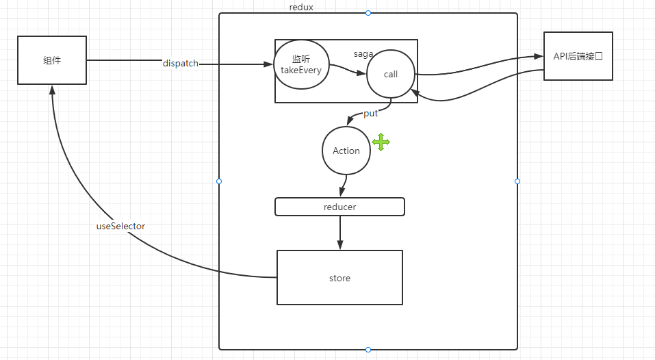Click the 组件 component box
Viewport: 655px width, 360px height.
(x=52, y=60)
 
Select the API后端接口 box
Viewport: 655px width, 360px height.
(x=578, y=56)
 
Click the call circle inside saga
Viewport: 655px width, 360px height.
(x=390, y=74)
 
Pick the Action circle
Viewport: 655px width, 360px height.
(x=346, y=151)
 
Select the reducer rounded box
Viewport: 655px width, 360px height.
(x=339, y=207)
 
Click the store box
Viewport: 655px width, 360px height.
(x=339, y=278)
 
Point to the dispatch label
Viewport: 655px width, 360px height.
(x=181, y=64)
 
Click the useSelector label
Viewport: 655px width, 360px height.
(x=120, y=226)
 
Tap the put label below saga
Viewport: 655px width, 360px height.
(x=370, y=114)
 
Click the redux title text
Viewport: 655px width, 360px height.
(x=301, y=7)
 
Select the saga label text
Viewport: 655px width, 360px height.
(x=363, y=53)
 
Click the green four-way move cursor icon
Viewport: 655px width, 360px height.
(x=381, y=142)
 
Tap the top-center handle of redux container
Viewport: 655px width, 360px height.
(x=368, y=13)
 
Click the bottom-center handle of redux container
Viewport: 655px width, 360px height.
(x=368, y=350)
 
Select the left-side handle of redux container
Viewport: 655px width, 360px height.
(x=219, y=181)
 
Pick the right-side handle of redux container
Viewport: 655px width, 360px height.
(x=517, y=181)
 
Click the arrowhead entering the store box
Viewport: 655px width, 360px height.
(x=339, y=246)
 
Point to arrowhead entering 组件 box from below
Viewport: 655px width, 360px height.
(x=52, y=90)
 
